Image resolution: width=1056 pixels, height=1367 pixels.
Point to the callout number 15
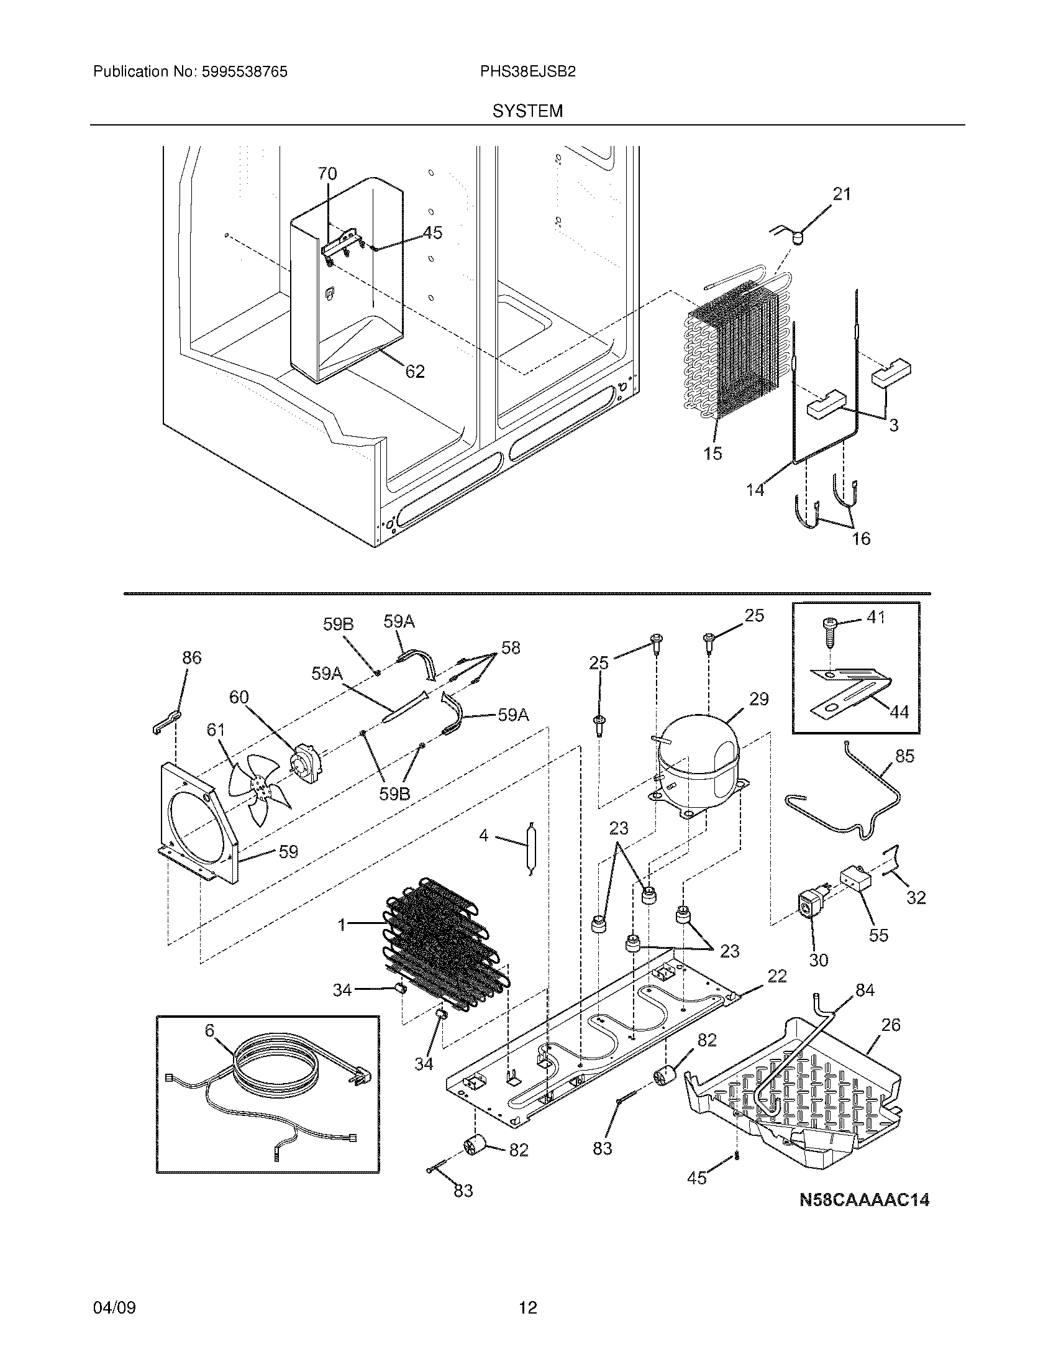coord(712,453)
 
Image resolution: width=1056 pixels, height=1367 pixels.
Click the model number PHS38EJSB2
coord(527,72)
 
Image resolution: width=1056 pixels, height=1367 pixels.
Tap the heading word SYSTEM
coord(527,111)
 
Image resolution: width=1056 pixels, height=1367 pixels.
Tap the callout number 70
coord(327,173)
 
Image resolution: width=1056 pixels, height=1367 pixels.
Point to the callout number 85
coord(904,756)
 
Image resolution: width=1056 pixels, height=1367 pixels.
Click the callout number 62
coord(415,372)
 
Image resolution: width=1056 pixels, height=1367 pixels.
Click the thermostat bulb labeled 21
coord(796,237)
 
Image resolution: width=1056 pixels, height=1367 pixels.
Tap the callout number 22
coord(776,976)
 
